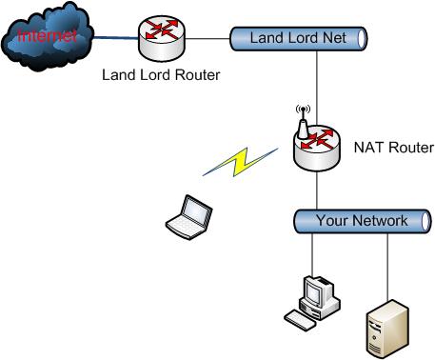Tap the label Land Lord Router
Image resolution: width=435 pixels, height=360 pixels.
[159, 75]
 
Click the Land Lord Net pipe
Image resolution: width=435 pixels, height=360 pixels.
[297, 39]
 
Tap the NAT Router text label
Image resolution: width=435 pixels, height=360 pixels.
[393, 148]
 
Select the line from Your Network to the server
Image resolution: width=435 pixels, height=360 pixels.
[386, 267]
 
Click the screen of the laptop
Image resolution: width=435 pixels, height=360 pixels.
[194, 208]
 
